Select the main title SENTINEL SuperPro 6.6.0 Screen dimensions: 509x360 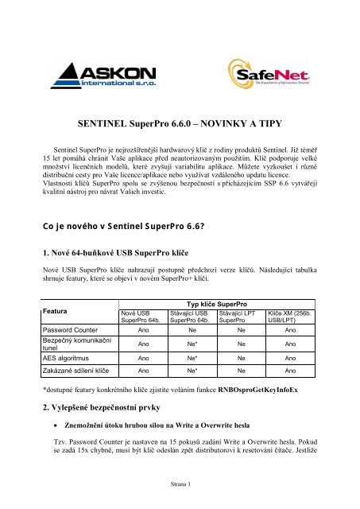[x=180, y=122]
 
